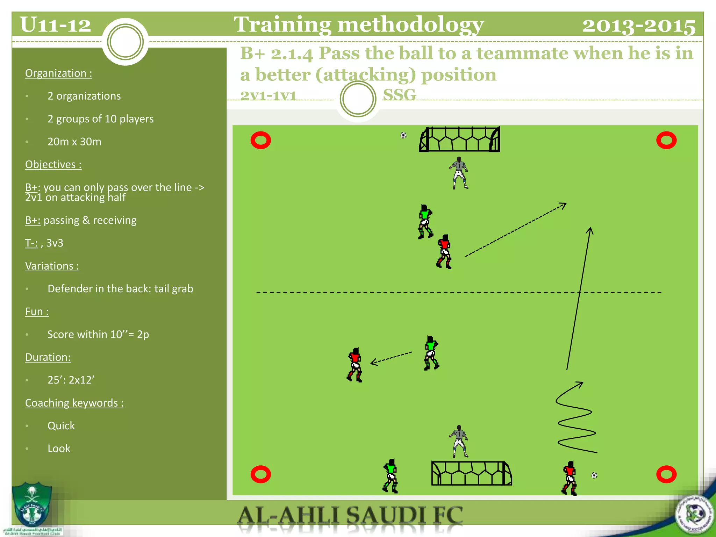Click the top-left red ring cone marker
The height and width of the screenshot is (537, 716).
pos(261,141)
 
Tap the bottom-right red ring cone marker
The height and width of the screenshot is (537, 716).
pos(666,474)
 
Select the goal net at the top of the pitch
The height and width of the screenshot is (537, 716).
pos(459,139)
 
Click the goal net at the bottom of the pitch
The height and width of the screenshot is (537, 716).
pos(471,473)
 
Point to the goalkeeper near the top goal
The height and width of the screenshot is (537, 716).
pos(459,173)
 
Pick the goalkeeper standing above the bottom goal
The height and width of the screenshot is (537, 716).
pos(459,441)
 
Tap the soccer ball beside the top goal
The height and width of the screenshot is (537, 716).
pos(403,135)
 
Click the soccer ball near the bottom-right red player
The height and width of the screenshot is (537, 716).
pos(594,475)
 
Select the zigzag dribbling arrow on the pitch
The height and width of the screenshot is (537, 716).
pos(575,420)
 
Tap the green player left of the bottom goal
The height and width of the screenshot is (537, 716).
pos(391,476)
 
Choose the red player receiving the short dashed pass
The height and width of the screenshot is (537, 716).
pos(355,365)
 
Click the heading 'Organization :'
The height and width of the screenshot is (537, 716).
pos(59,73)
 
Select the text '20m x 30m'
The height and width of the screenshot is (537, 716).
pos(74,142)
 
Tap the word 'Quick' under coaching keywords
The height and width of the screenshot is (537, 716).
pos(61,425)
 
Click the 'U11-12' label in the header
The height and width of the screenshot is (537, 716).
pos(55,25)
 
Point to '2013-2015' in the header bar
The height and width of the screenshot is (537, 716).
pos(639,26)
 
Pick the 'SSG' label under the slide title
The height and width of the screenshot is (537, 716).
pos(399,95)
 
